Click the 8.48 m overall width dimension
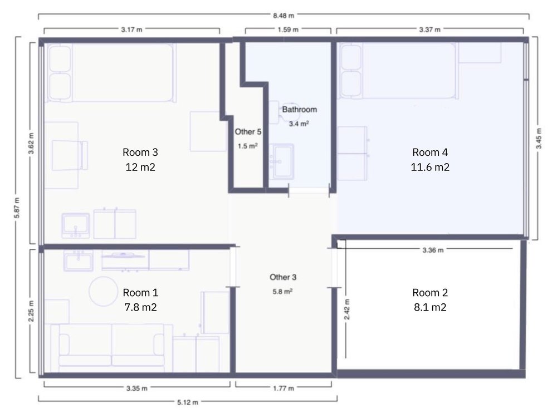284,16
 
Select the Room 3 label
140,152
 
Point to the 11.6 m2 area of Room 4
430,167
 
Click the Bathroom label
300,110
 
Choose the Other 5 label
248,132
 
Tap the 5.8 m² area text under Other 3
282,292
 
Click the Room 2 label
430,293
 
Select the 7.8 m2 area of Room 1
140,307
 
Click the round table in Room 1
103,291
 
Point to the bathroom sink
282,161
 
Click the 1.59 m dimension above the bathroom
288,29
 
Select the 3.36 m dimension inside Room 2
433,250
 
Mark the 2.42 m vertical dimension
347,309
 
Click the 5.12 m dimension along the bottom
188,402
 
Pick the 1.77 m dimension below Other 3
284,388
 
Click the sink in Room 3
76,225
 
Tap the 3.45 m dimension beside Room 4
539,139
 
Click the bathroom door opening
309,192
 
